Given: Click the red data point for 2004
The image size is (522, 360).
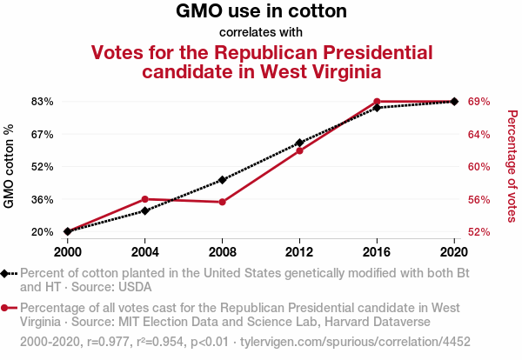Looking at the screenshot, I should pyautogui.click(x=145, y=199).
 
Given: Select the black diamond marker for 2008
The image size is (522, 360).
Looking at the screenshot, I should pyautogui.click(x=223, y=180).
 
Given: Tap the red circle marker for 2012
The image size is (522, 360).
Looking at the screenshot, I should pyautogui.click(x=299, y=150).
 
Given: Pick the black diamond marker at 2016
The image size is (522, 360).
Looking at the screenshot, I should pyautogui.click(x=377, y=108).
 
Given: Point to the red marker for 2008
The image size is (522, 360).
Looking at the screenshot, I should pyautogui.click(x=223, y=202).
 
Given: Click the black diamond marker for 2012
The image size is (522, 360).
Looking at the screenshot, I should pyautogui.click(x=299, y=143).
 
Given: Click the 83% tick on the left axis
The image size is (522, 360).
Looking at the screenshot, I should pyautogui.click(x=43, y=102).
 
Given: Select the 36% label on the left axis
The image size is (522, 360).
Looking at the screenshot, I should pyautogui.click(x=43, y=199).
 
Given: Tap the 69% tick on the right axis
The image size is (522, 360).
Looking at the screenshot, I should pyautogui.click(x=479, y=102).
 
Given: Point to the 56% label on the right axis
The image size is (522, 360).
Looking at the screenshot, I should pyautogui.click(x=479, y=199).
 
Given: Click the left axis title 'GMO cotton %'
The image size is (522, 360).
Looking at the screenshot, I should pyautogui.click(x=10, y=167).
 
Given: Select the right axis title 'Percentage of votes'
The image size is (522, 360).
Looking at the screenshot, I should pyautogui.click(x=512, y=166).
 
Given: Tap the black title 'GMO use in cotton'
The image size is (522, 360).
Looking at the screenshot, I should pyautogui.click(x=261, y=12).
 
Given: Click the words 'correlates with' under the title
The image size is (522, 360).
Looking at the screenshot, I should pyautogui.click(x=261, y=32).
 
